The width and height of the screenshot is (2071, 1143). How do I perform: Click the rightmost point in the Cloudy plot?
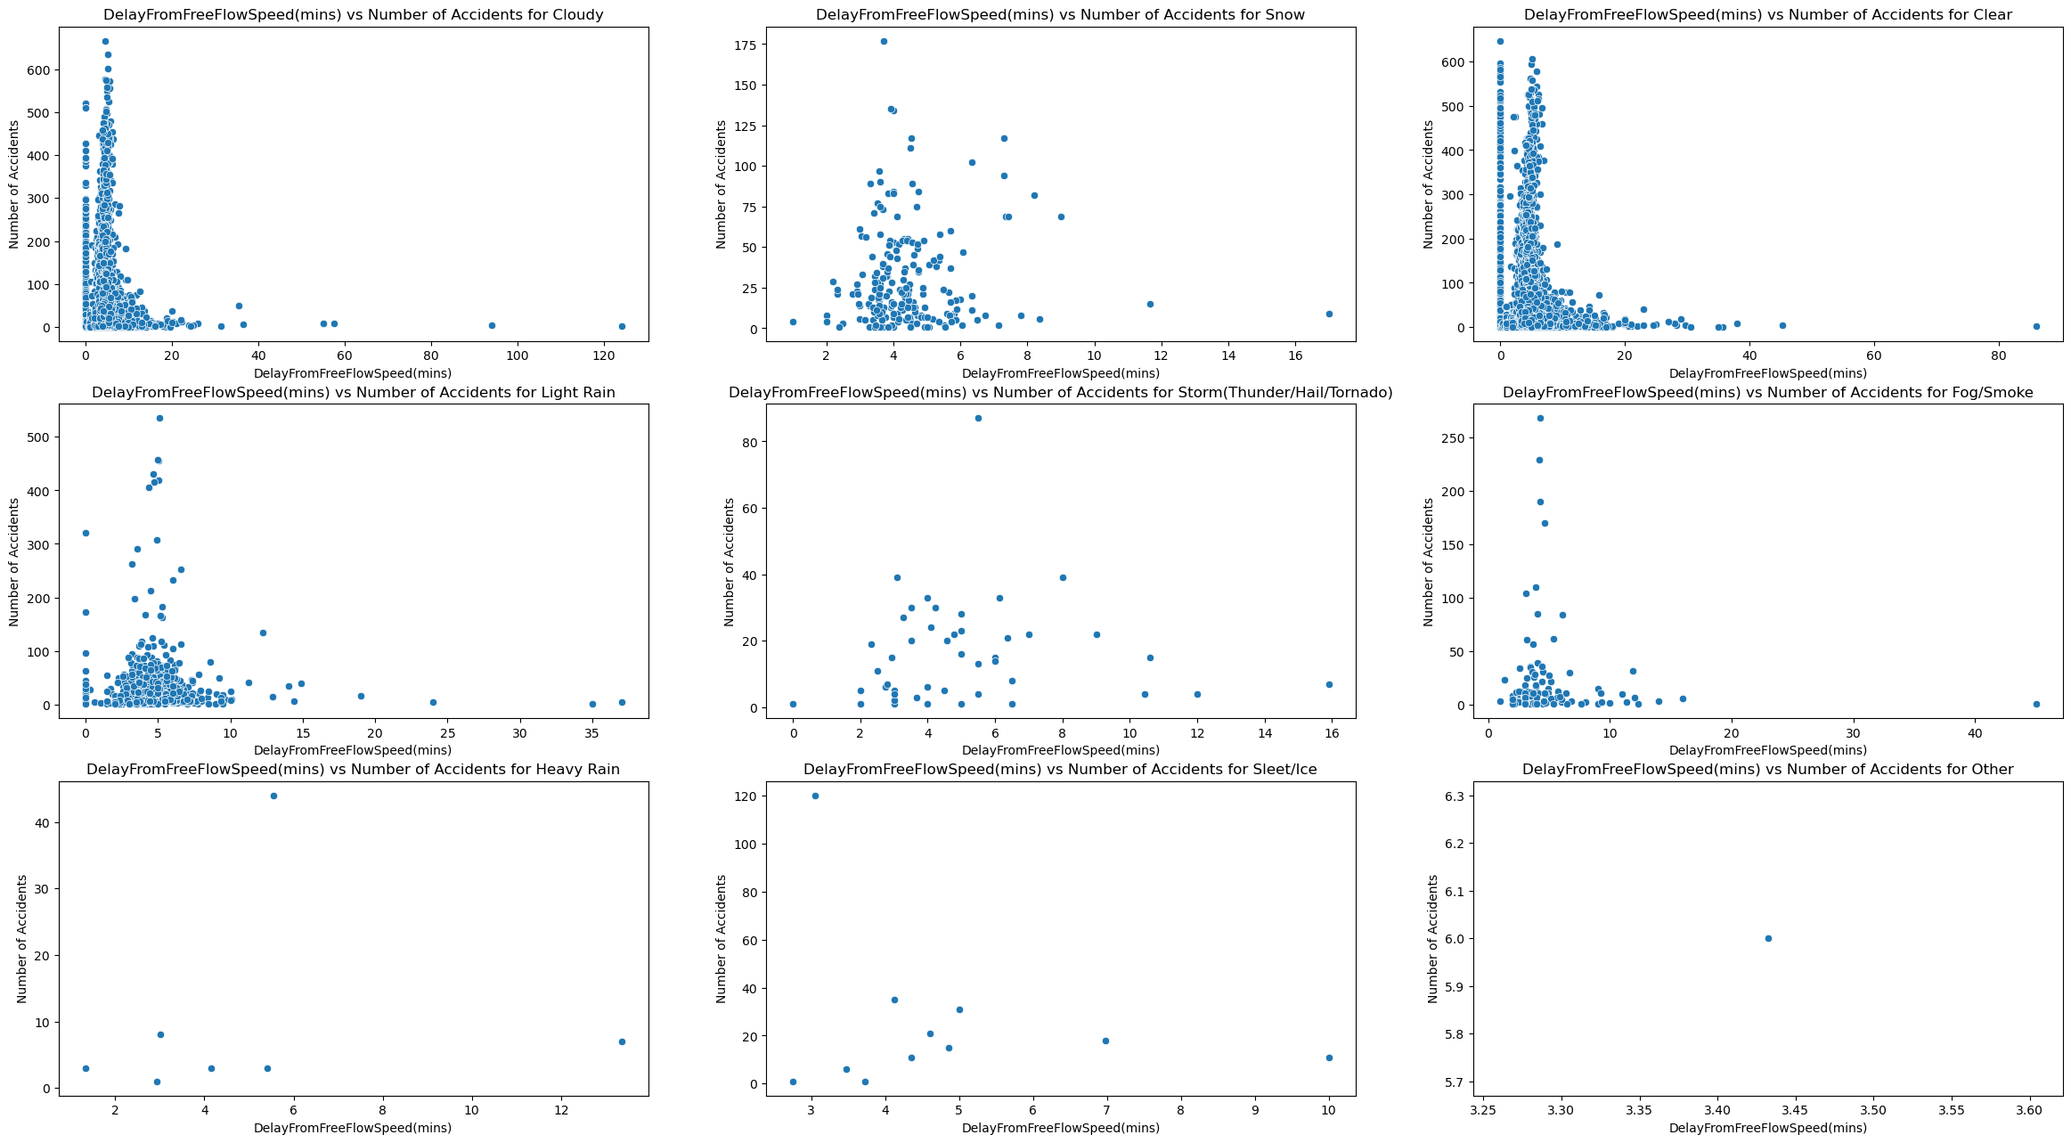click(x=622, y=326)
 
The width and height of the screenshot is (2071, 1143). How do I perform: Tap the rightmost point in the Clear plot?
click(x=2036, y=326)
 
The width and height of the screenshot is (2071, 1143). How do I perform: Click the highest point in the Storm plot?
click(x=978, y=418)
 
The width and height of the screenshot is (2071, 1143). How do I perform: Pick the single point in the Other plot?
click(x=1768, y=938)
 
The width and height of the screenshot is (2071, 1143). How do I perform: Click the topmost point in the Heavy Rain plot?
click(x=273, y=796)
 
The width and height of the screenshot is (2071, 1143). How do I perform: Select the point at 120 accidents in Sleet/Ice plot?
click(x=815, y=796)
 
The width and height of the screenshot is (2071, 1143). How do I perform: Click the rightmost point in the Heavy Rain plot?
click(x=622, y=1041)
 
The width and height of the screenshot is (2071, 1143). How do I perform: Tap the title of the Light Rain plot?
click(x=353, y=393)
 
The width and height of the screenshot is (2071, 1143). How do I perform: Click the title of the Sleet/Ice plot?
click(x=1060, y=770)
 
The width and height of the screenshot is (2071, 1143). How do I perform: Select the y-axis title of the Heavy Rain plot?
click(x=22, y=939)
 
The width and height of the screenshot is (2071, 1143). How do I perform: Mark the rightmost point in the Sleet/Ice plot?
click(x=1329, y=1057)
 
